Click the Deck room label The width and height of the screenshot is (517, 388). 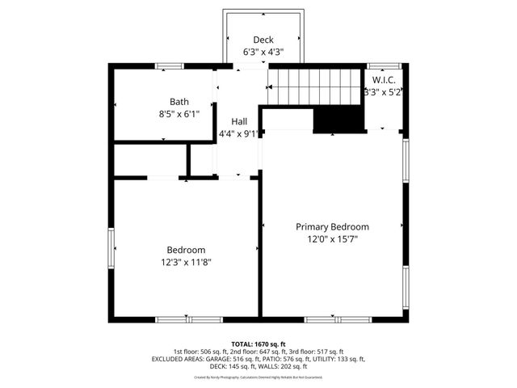tap(263, 40)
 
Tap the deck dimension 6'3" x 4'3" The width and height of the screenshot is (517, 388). tap(263, 52)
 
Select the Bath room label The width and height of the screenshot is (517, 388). tap(179, 102)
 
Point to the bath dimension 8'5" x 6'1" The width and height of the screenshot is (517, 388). tap(179, 114)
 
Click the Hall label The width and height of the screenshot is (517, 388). tap(239, 122)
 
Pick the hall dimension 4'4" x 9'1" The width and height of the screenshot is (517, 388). tap(239, 134)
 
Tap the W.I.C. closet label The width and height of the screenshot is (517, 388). tap(383, 80)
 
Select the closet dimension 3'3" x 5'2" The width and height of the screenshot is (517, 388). tap(383, 92)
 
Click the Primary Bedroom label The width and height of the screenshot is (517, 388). tap(332, 227)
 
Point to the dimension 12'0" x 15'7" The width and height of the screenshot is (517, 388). tap(332, 239)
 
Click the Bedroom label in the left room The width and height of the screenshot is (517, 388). tap(186, 250)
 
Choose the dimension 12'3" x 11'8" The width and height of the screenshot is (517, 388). tap(186, 262)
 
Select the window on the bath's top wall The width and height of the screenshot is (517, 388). tap(169, 65)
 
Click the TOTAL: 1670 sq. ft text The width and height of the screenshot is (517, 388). tap(258, 344)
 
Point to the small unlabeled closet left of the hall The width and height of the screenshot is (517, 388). tap(149, 160)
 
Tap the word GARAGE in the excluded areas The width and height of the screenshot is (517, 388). tap(213, 359)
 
